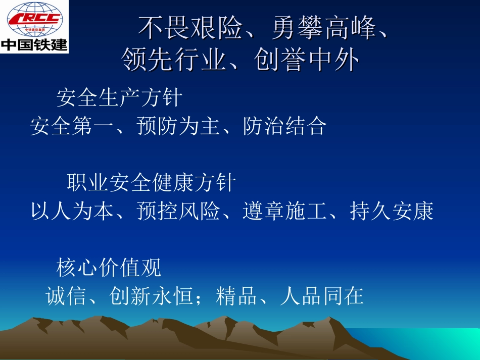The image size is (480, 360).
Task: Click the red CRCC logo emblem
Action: coord(34,19)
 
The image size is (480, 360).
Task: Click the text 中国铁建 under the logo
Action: coord(34,44)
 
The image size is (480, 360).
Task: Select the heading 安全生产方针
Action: coord(119,97)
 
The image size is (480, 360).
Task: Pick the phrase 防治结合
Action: coord(284,126)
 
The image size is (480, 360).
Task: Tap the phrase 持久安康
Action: coord(392,212)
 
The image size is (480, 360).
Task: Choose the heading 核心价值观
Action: coord(109,268)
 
